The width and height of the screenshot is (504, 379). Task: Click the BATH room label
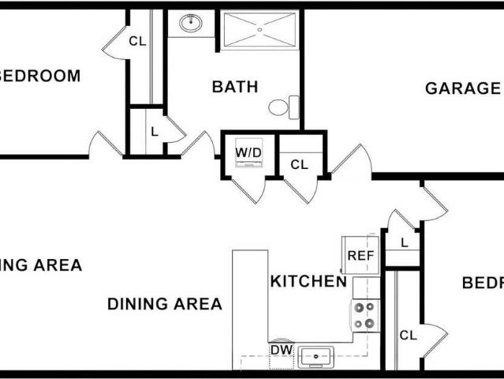234,87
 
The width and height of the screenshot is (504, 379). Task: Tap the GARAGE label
462,88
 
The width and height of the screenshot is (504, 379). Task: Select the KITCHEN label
308,281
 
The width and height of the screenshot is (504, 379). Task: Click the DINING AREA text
164,304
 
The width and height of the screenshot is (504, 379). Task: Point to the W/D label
249,151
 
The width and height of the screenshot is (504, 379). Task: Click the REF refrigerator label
360,256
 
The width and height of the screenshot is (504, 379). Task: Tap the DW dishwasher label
281,349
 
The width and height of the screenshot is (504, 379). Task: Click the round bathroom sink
191,23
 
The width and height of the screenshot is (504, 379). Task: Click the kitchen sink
316,357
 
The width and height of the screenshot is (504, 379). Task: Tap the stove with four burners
364,315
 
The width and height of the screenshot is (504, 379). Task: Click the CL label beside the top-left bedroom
137,41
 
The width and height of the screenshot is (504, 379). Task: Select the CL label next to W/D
299,165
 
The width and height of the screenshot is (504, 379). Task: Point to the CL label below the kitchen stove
407,336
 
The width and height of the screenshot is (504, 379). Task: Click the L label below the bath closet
155,130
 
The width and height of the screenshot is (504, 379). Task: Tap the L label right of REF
404,242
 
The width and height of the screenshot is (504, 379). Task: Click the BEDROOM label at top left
41,77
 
